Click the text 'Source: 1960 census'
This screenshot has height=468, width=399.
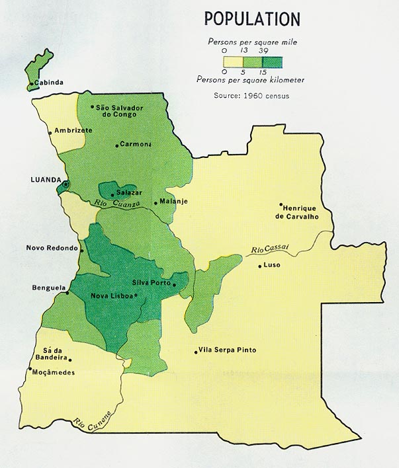[x=251, y=95]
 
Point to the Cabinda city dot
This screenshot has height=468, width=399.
[x=30, y=84]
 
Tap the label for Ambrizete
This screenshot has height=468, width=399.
[x=73, y=130]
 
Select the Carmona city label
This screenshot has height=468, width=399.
[x=136, y=144]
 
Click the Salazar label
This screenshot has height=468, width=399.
[x=129, y=192]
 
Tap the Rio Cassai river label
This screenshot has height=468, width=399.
[x=269, y=250]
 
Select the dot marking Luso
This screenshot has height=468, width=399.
[x=259, y=266]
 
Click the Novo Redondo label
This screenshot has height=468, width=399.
[x=52, y=249]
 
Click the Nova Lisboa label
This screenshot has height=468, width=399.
[x=111, y=296]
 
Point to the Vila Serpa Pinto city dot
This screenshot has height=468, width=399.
[x=196, y=352]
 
